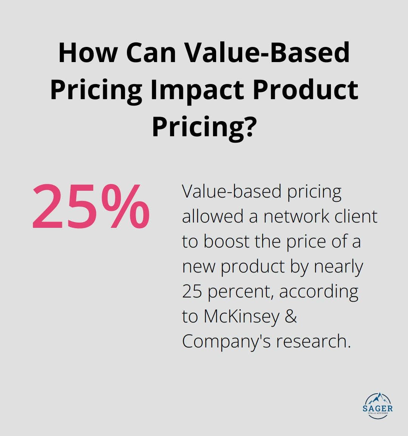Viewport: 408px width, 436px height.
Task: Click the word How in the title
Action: coord(88,53)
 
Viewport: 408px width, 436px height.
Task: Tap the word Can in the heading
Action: coord(151,53)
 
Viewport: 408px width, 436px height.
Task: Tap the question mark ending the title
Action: coord(250,127)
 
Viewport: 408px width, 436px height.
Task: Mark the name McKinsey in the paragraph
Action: coord(241,317)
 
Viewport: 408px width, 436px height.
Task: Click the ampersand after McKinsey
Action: coord(291,317)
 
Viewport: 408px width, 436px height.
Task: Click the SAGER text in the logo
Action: coord(377,409)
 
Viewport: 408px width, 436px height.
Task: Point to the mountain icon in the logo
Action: coord(377,399)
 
